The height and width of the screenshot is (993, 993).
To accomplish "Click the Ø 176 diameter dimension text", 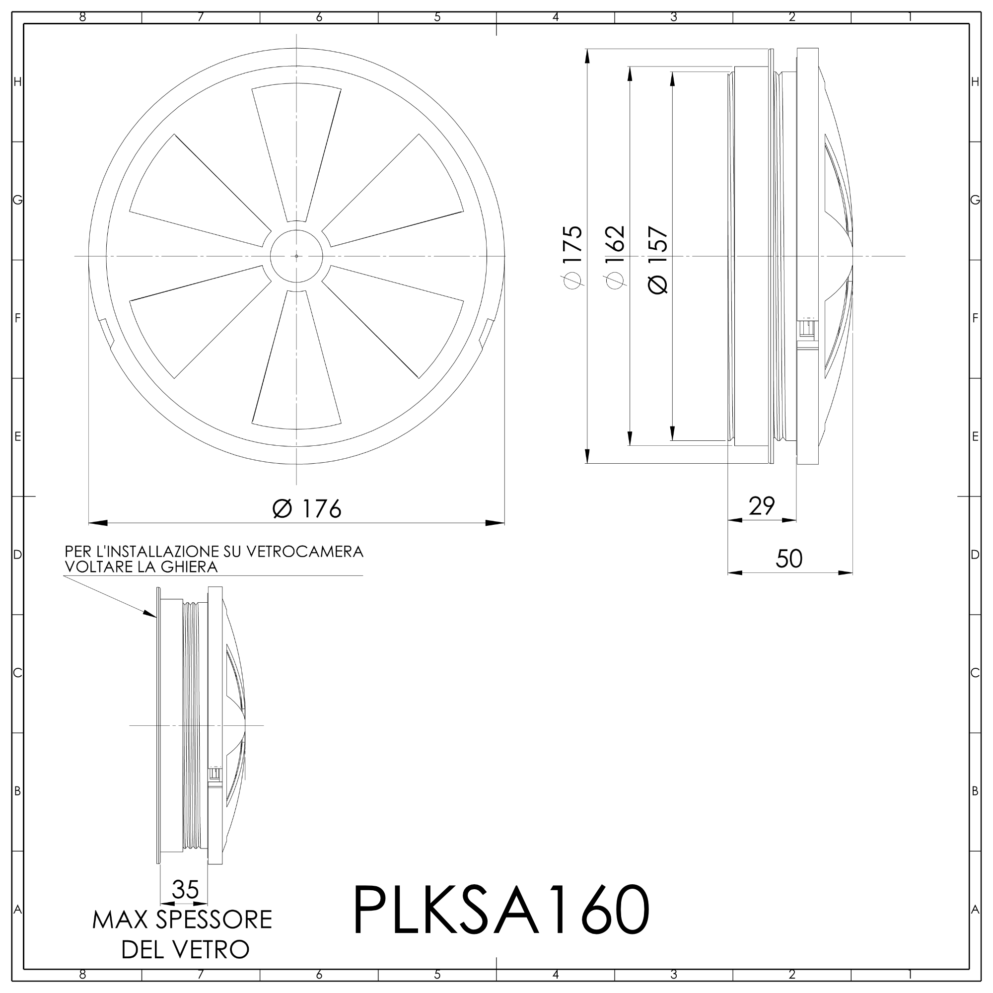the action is coord(307,509).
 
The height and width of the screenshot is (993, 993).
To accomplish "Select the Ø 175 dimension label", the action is coord(573,257).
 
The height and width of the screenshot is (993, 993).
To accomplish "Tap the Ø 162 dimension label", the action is coord(615,257).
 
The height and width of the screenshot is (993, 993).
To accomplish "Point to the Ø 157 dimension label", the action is coord(658,260).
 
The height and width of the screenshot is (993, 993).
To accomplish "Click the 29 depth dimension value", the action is coord(762,506).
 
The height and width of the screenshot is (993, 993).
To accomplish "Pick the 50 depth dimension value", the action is coord(789,559).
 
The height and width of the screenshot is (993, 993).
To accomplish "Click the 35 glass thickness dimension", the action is coord(185,889).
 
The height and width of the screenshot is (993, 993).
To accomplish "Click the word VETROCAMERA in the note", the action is coord(305,552).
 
